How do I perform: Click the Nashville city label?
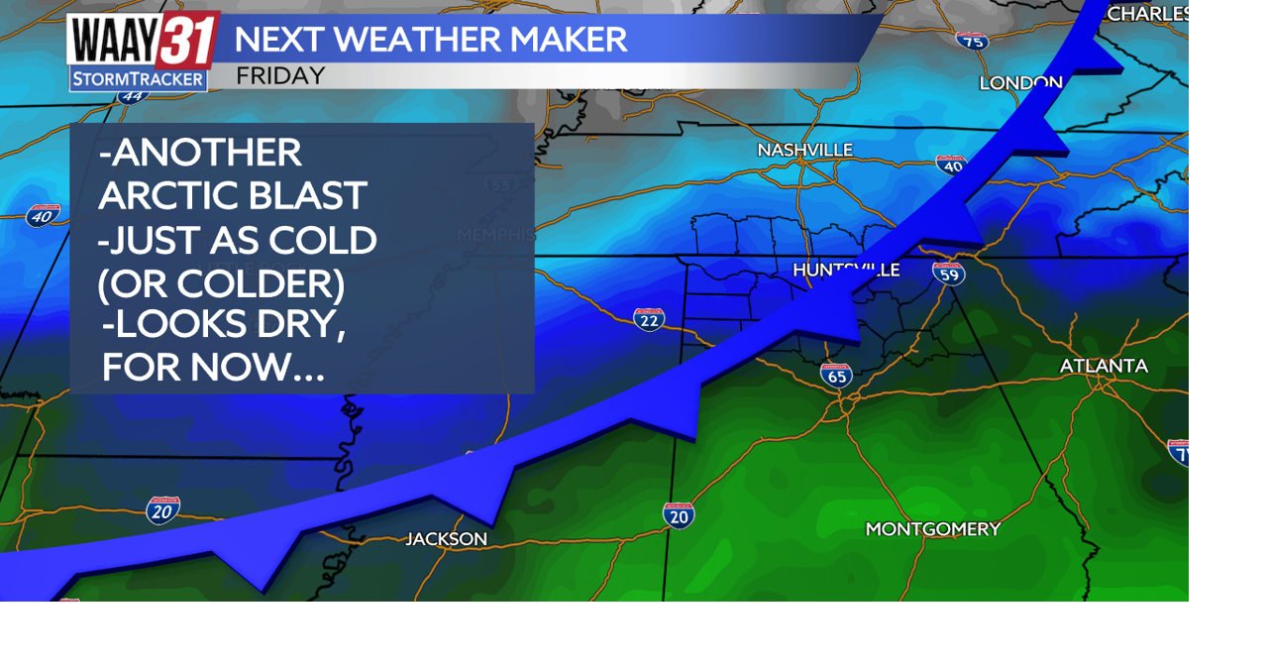click(x=804, y=150)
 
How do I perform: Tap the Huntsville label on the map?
click(x=846, y=270)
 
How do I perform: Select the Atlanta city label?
click(x=1104, y=366)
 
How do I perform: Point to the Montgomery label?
click(x=933, y=529)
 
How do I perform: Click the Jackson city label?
click(x=447, y=539)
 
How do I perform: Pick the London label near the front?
click(x=1020, y=83)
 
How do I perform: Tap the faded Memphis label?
click(x=496, y=235)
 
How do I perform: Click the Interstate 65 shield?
click(x=836, y=376)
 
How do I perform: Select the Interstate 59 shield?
click(x=949, y=273)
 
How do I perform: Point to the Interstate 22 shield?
click(x=649, y=319)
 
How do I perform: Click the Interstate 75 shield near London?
click(x=972, y=41)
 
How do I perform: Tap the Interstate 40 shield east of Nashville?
click(x=951, y=166)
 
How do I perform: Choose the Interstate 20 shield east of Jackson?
click(x=679, y=515)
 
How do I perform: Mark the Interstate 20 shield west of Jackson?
click(x=163, y=510)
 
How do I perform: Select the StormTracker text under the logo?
click(x=139, y=78)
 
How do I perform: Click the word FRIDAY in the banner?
click(x=280, y=76)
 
